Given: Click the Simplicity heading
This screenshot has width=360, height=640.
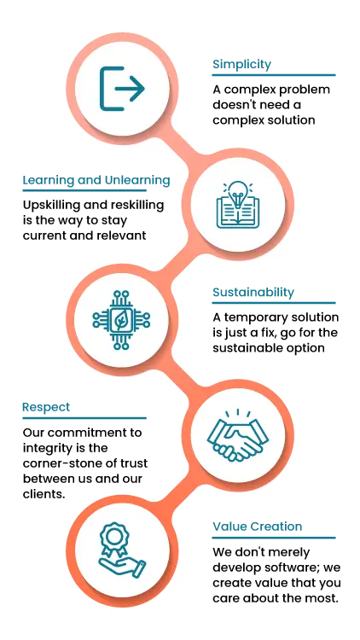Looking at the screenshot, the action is [241, 65].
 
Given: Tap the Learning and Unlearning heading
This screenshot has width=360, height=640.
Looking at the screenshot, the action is [96, 180].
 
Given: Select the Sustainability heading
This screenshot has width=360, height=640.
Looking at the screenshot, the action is [253, 292].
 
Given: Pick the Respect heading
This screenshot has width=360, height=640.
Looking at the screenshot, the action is [46, 407].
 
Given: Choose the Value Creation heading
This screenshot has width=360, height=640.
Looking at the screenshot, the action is [257, 527].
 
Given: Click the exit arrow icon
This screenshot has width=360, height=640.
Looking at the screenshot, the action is [122, 89].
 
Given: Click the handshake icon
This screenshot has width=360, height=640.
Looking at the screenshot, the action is [237, 435].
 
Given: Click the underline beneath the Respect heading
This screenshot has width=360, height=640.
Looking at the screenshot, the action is [84, 418].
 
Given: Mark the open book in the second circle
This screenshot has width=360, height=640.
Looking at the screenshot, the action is [237, 212].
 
